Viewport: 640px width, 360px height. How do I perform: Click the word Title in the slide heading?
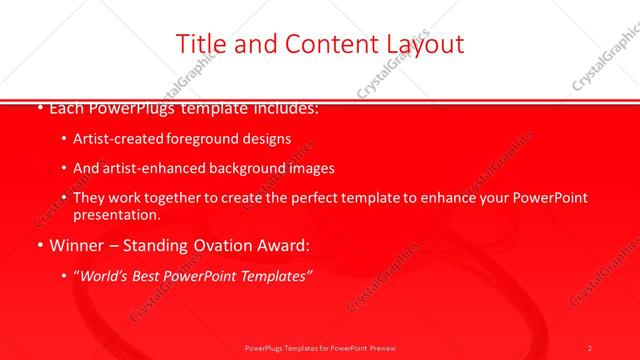click(x=198, y=43)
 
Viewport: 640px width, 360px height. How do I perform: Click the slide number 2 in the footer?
click(x=590, y=347)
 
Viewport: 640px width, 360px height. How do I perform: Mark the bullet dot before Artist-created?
click(x=64, y=139)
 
